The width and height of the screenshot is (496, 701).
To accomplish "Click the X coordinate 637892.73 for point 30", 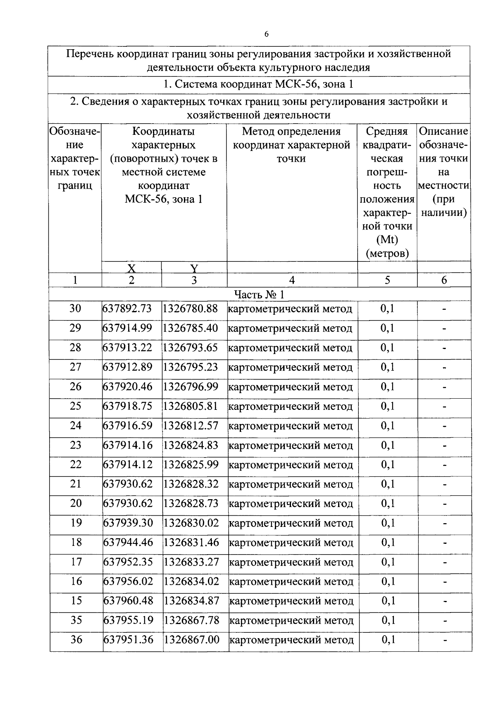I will tap(127, 309).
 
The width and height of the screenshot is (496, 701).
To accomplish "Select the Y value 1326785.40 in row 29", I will tap(190, 328).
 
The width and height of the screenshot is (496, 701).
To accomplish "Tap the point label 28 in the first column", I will tap(75, 347).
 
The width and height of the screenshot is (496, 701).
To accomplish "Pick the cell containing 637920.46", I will tap(127, 387).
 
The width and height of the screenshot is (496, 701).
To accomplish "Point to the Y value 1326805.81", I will tap(190, 406).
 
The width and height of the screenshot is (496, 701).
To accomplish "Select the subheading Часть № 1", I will tap(259, 294).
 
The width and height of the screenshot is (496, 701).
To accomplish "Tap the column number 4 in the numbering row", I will tap(292, 280).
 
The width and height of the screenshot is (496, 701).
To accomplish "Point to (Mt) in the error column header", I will tap(387, 240).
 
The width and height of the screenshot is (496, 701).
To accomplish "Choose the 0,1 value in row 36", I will tap(388, 640).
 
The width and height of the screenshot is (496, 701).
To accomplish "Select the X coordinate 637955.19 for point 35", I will tap(128, 620).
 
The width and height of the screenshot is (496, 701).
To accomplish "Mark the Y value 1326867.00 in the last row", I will tap(191, 640).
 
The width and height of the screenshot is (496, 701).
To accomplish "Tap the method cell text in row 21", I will tap(291, 484).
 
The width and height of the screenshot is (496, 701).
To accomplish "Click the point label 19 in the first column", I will tap(76, 523).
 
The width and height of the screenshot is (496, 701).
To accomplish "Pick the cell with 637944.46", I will tap(128, 542).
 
